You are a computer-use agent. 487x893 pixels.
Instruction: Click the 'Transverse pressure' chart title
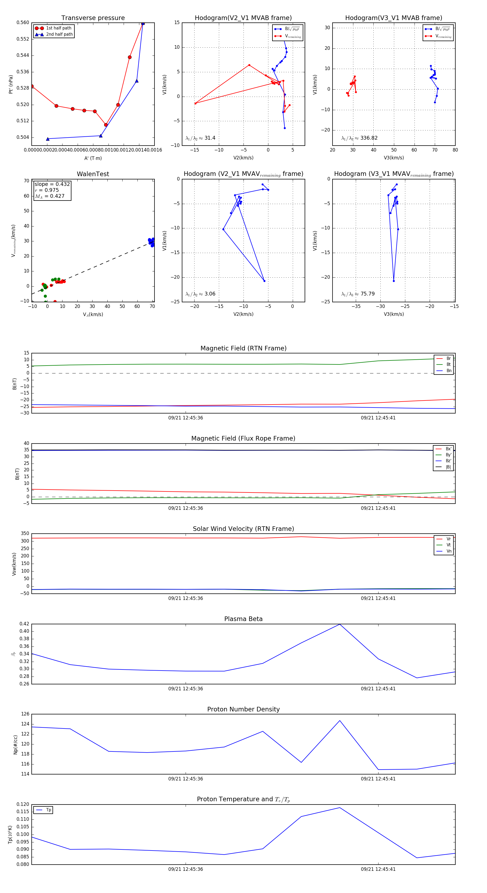[93, 18]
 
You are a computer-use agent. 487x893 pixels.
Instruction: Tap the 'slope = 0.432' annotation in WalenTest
[52, 184]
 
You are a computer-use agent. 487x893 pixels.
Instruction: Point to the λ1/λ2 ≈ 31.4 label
[200, 138]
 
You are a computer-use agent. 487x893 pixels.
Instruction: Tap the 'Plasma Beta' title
[243, 619]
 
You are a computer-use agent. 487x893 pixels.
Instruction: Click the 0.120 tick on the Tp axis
[23, 804]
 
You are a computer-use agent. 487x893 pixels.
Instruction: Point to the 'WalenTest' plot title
[93, 174]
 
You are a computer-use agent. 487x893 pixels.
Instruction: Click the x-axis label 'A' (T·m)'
[93, 158]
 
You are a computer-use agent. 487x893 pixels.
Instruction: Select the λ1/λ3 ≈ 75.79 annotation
[358, 294]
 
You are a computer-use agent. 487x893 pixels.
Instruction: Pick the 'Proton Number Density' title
[243, 709]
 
